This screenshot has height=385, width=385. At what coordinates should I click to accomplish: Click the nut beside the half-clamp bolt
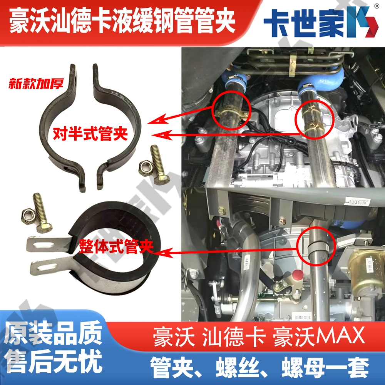[144, 166]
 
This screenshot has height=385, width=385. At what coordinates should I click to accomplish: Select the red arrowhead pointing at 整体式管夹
[159, 253]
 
